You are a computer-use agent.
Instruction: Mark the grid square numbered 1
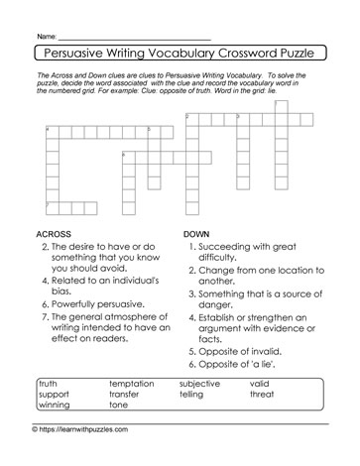pos(280,106)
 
